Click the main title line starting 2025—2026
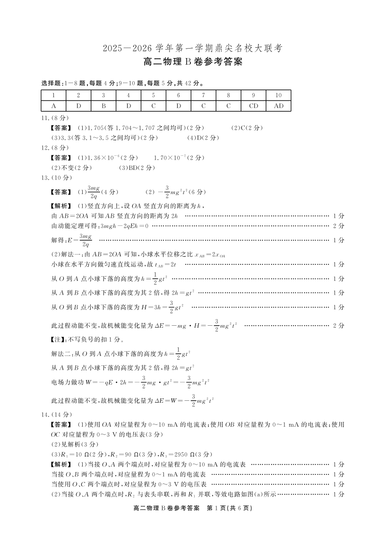click(x=193, y=48)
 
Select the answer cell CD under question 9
click(x=254, y=106)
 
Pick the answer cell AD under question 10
click(x=279, y=106)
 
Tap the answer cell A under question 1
click(x=54, y=106)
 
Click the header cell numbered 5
click(x=154, y=95)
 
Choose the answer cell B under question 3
click(x=103, y=106)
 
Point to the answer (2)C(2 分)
click(x=247, y=128)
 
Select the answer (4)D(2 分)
click(x=203, y=138)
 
